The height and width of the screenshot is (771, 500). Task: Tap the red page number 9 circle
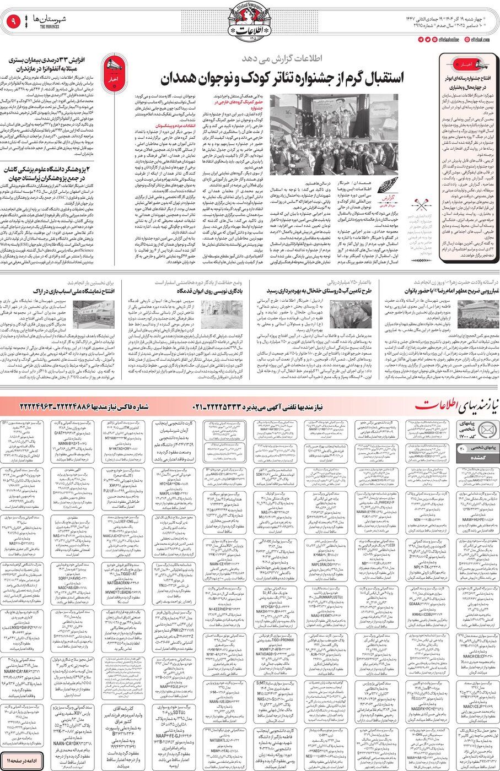[13, 22]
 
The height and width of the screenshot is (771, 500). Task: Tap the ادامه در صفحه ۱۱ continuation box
[21, 761]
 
